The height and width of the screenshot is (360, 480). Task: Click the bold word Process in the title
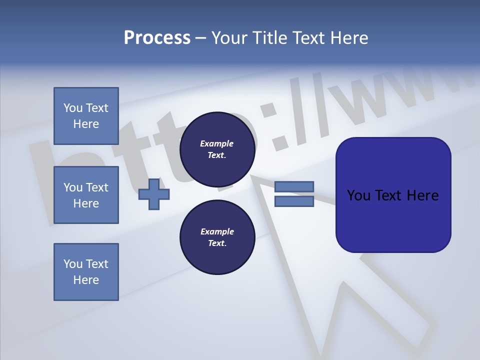click(x=157, y=38)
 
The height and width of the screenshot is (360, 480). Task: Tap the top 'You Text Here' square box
click(x=86, y=116)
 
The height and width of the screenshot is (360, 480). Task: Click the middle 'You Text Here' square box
click(x=86, y=195)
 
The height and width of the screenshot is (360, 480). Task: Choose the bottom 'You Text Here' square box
click(x=86, y=271)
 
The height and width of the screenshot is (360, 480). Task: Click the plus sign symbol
click(x=154, y=193)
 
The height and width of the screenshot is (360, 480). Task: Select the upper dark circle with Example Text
click(x=217, y=149)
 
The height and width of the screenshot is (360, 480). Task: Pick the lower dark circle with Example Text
click(x=217, y=237)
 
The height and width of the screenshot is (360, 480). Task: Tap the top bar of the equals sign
click(x=294, y=187)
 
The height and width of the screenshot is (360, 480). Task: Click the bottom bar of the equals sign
click(x=294, y=201)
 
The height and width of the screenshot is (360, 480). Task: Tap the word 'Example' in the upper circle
click(x=217, y=143)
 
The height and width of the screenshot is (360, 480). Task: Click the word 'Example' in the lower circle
click(x=217, y=231)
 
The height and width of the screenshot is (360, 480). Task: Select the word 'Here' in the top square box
click(x=86, y=124)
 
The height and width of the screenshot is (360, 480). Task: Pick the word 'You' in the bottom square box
click(x=73, y=264)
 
